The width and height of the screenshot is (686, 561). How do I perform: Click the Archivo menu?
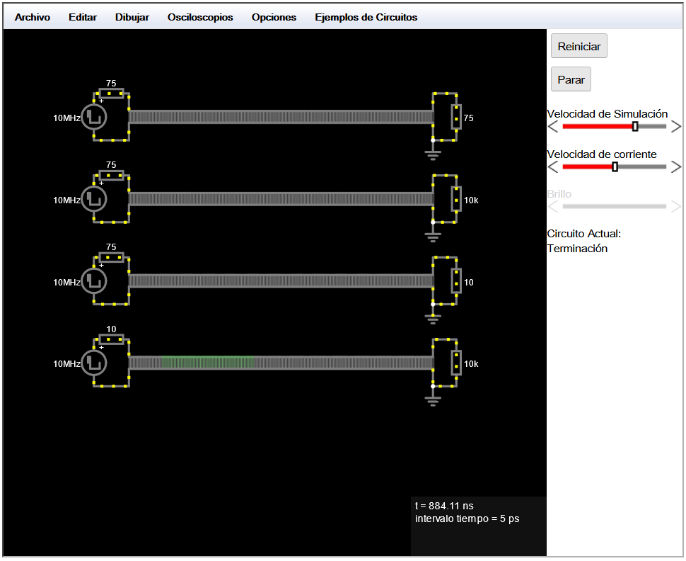pyautogui.click(x=33, y=17)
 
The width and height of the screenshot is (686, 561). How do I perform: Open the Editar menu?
pyautogui.click(x=83, y=17)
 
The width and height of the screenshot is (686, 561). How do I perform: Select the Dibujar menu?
pyautogui.click(x=132, y=18)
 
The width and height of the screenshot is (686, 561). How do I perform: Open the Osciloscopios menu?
pyautogui.click(x=200, y=18)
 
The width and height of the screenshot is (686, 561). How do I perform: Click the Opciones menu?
pyautogui.click(x=274, y=18)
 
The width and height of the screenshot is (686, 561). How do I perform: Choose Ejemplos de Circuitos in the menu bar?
pyautogui.click(x=366, y=18)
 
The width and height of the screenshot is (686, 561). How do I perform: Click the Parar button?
pyautogui.click(x=571, y=79)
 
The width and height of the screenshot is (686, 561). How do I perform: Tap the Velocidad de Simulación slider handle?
pyautogui.click(x=635, y=127)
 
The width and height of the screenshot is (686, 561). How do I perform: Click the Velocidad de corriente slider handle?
pyautogui.click(x=615, y=167)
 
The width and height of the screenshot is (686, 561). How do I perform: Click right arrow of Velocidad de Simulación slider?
pyautogui.click(x=676, y=127)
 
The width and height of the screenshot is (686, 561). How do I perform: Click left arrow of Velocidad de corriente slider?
pyautogui.click(x=553, y=167)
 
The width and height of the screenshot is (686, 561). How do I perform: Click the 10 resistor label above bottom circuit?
pyautogui.click(x=111, y=329)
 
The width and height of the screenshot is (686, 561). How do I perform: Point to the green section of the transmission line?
pyautogui.click(x=208, y=363)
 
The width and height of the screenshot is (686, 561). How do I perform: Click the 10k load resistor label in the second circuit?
pyautogui.click(x=471, y=200)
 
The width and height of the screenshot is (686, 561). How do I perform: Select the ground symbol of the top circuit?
pyautogui.click(x=433, y=154)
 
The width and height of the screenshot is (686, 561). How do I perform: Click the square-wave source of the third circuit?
pyautogui.click(x=93, y=281)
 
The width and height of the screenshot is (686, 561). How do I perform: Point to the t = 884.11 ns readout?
pyautogui.click(x=444, y=506)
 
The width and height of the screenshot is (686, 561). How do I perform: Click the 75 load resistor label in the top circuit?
pyautogui.click(x=469, y=118)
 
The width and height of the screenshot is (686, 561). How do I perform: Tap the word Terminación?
pyautogui.click(x=577, y=249)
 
